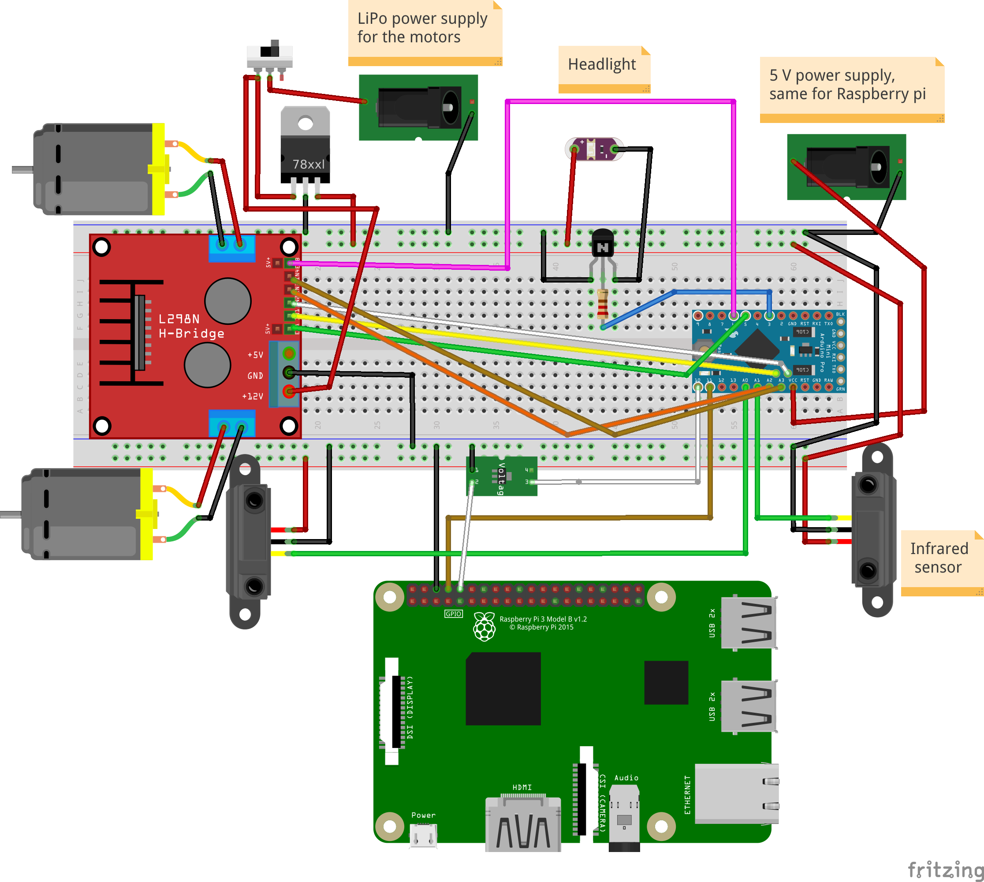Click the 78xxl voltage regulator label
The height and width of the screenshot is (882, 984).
coord(308,164)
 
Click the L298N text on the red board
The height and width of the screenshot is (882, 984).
coord(179,319)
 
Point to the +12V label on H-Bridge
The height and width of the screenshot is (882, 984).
coord(253,396)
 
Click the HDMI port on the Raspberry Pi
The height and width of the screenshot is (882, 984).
coord(522,824)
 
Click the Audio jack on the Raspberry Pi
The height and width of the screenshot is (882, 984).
coord(624,819)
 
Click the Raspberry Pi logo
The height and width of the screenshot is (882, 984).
coord(484,627)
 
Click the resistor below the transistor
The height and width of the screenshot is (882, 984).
coord(603,303)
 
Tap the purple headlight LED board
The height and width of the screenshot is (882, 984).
coord(595,149)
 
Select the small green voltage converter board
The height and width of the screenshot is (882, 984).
coord(502,476)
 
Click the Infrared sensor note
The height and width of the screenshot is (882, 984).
coord(939,558)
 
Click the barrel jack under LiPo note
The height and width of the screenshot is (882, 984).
coord(418,108)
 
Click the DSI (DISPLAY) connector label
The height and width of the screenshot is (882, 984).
coord(410,707)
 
